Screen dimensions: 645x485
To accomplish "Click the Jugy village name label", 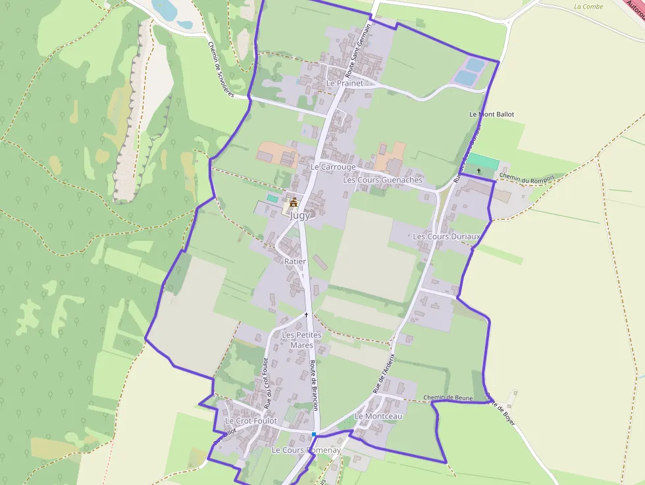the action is coord(299,215).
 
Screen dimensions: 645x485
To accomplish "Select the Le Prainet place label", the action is coord(345,84).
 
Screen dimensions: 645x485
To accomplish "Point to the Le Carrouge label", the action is coord(333,167).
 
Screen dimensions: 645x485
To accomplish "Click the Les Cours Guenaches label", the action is coord(383,180).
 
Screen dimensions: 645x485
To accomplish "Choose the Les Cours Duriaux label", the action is coord(447,236).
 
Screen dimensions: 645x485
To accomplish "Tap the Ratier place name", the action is coord(296,261).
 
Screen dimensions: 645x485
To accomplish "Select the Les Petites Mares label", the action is coord(301,340).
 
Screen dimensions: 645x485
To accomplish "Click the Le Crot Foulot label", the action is coord(251,421).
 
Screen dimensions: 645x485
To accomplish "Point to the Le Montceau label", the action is coord(378,417).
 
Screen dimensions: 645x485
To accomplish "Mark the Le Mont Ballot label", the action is coord(492,115).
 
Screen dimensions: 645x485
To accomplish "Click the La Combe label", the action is coord(588,7).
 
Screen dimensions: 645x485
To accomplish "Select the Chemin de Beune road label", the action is coord(448,397).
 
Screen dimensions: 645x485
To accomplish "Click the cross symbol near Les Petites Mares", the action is coord(306,315).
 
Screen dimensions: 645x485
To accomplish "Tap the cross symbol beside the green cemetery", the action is coord(478,171).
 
